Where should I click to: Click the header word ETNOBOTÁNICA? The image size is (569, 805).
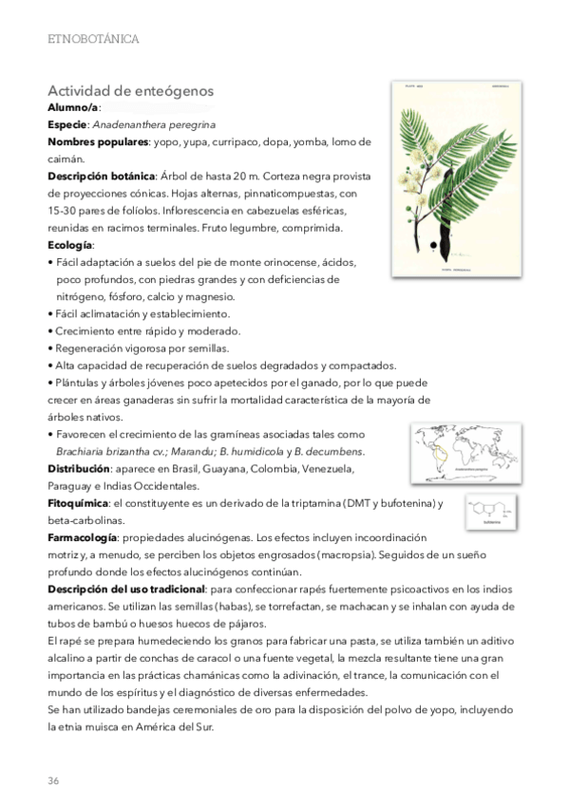pyautogui.click(x=93, y=39)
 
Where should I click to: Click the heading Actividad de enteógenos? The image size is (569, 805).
pyautogui.click(x=129, y=91)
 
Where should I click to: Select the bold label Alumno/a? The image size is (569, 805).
pyautogui.click(x=72, y=108)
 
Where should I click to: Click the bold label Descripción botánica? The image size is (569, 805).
pyautogui.click(x=101, y=177)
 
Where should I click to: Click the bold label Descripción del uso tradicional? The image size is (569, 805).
pyautogui.click(x=125, y=590)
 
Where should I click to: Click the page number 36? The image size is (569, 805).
pyautogui.click(x=53, y=780)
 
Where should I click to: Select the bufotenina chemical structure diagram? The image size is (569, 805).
pyautogui.click(x=492, y=511)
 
